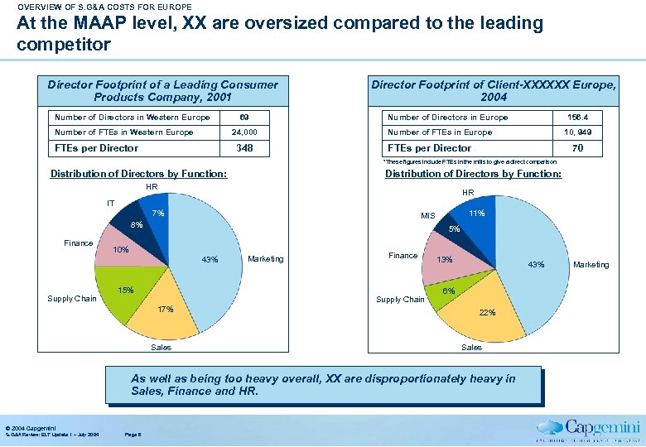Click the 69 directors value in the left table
click(x=244, y=117)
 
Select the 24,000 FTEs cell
click(x=244, y=132)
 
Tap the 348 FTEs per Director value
click(x=244, y=148)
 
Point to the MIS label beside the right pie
click(x=427, y=216)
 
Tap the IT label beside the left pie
click(x=110, y=202)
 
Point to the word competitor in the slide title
click(x=63, y=42)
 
